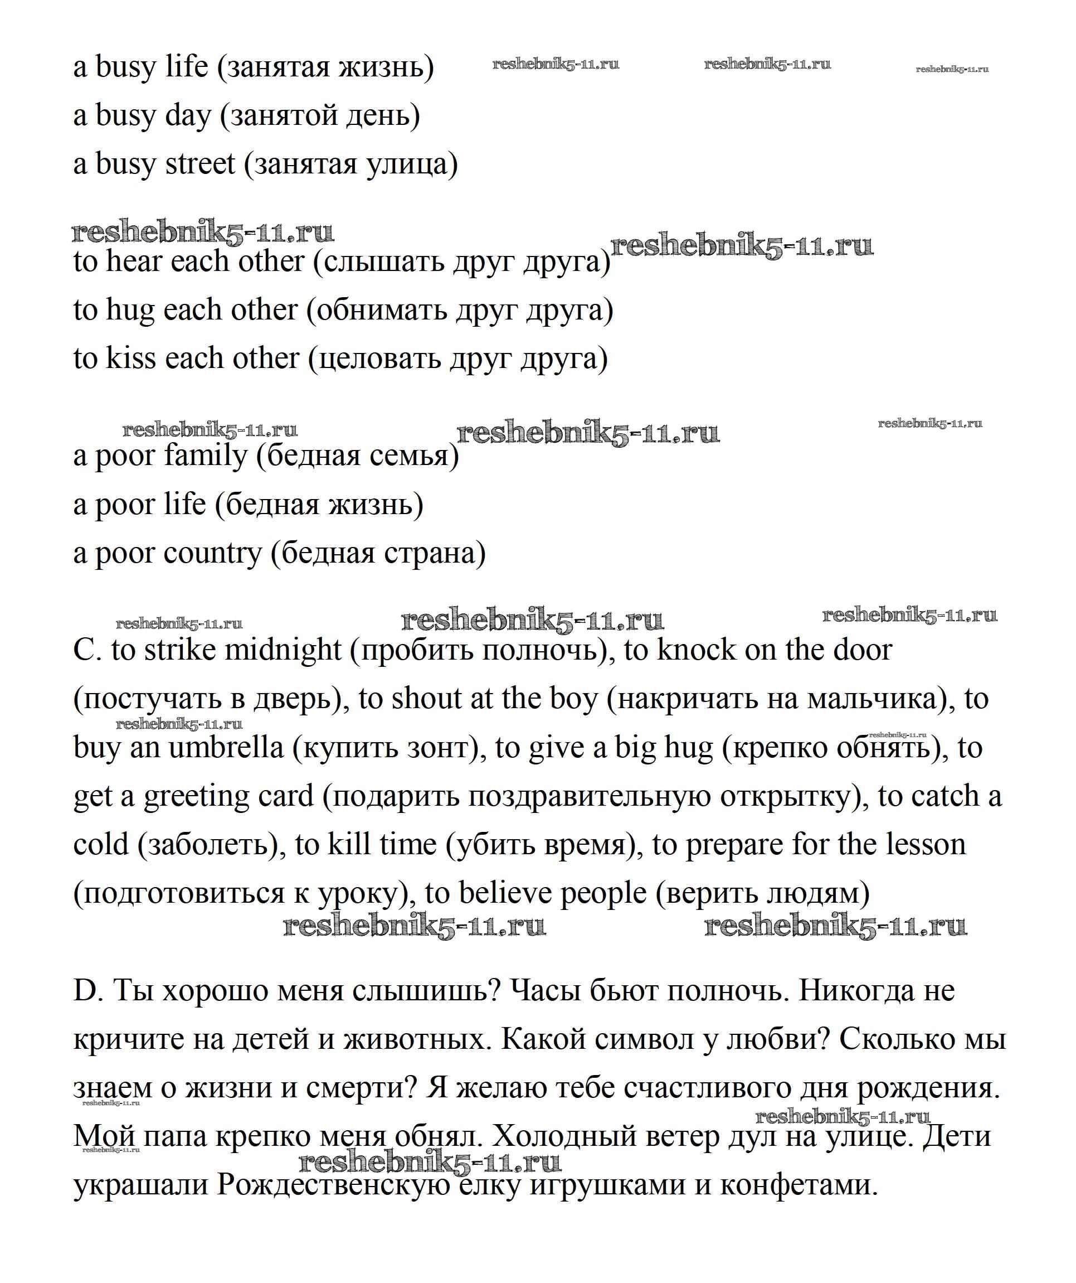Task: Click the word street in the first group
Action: (199, 164)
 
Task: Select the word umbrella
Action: (226, 748)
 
